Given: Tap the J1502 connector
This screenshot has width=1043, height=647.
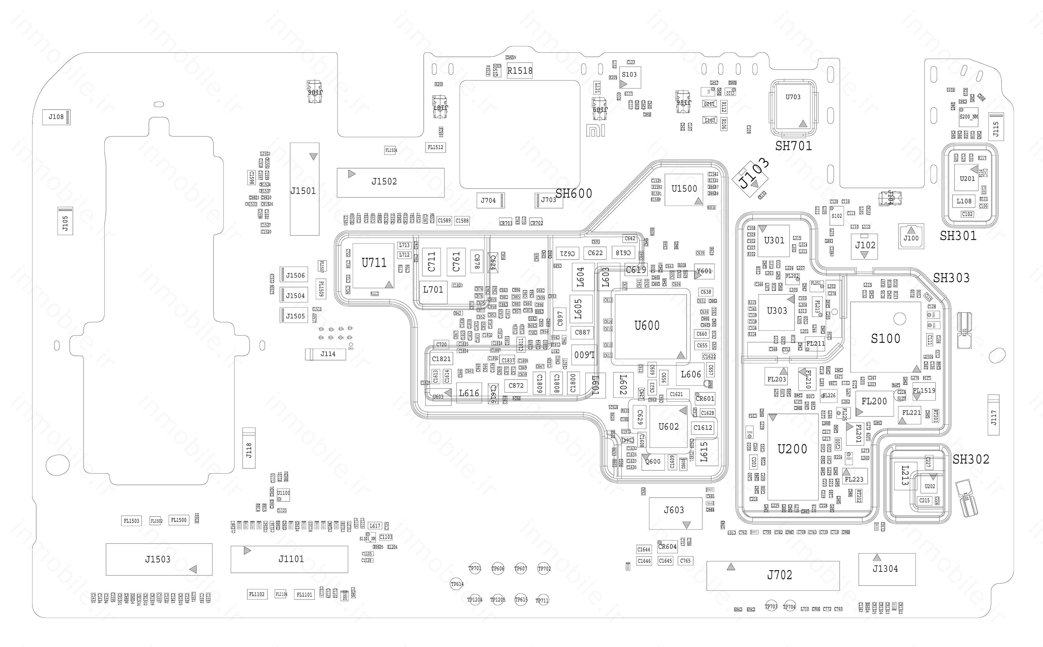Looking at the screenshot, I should (390, 182).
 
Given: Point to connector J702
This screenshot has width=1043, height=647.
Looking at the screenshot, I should (773, 575).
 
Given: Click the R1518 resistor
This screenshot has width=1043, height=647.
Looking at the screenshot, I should (519, 71).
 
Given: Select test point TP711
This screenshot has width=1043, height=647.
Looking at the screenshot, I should (542, 600).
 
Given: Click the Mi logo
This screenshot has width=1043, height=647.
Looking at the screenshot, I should (595, 130).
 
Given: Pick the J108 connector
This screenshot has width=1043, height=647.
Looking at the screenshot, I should (56, 117).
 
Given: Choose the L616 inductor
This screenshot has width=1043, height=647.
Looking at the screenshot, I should (469, 393).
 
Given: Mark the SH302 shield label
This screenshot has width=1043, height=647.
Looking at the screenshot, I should (971, 459).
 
